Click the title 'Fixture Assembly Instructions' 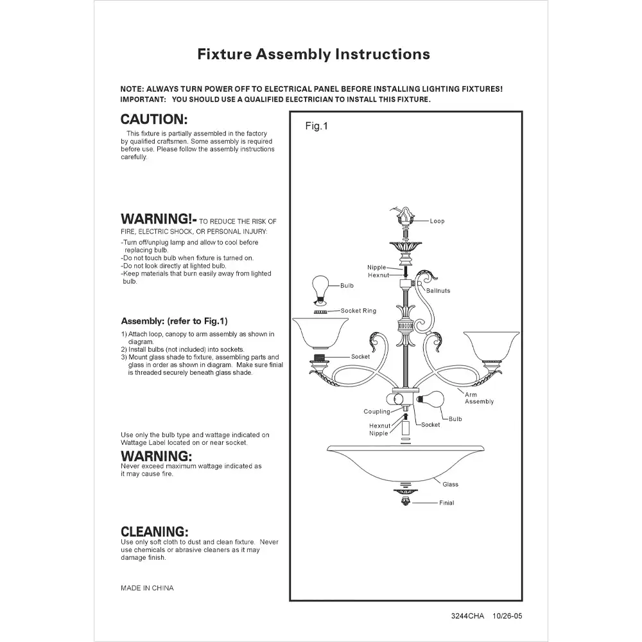point(314,54)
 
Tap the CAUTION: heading point(154,119)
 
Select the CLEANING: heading point(154,532)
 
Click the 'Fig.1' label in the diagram point(317,126)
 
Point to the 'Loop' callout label point(437,221)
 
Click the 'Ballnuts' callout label point(438,291)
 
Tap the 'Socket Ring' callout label point(358,311)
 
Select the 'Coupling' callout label point(377,412)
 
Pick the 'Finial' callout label point(446,503)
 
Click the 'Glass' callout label point(451,484)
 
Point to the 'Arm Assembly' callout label point(479,398)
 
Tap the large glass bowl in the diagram point(405,463)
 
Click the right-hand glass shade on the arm point(491,346)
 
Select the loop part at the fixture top point(405,218)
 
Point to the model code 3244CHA point(467,616)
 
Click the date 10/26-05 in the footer point(507,616)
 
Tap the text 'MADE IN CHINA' point(147,588)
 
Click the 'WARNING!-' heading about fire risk point(159,219)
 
